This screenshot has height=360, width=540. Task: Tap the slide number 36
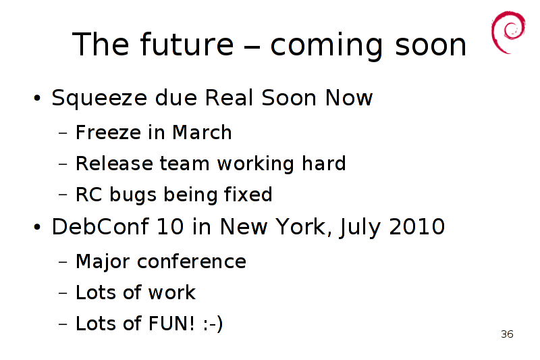[508, 334]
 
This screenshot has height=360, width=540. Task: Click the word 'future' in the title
[187, 44]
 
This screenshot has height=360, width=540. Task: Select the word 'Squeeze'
[99, 99]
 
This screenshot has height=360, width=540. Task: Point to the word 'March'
[202, 132]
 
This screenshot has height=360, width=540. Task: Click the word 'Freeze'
[108, 132]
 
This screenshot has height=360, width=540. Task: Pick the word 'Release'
[114, 163]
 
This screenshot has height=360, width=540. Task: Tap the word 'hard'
[324, 163]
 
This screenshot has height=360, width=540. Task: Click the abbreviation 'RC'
[89, 195]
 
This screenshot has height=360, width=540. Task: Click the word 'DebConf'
[100, 227]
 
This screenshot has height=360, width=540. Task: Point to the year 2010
[416, 227]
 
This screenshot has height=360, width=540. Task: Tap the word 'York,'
[304, 228]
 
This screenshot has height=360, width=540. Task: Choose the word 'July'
[360, 228]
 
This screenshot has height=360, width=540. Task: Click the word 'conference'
[192, 261]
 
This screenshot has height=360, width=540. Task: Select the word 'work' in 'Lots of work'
[171, 292]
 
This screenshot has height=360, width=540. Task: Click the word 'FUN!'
[171, 324]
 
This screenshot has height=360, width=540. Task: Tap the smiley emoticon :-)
[213, 324]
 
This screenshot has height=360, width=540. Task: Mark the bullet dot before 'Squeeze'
[37, 99]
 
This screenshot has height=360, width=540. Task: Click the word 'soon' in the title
[430, 45]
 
